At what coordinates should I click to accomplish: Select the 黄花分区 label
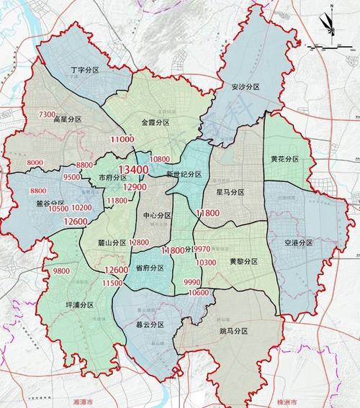point(284,158)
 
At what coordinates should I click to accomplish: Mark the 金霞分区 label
point(156,123)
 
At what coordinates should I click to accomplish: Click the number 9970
point(202,250)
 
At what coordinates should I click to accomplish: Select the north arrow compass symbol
point(328,23)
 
